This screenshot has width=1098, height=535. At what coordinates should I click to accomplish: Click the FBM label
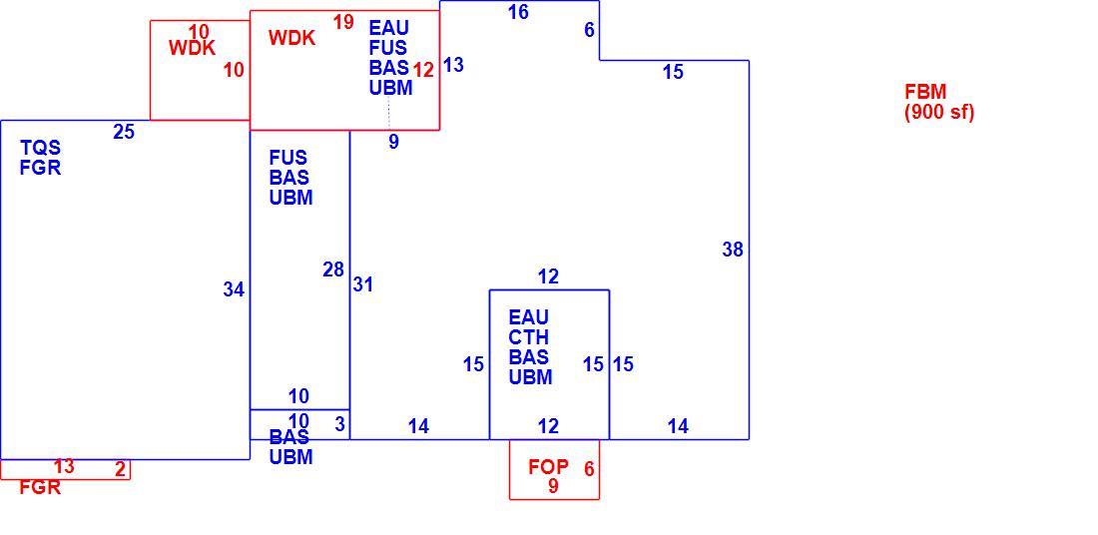[x=925, y=92]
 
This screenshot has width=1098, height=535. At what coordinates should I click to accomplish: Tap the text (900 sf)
[x=939, y=112]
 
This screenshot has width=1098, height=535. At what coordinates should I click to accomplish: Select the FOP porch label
[x=548, y=467]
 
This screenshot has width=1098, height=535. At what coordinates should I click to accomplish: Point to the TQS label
[x=41, y=148]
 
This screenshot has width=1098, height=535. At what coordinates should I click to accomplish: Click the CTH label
[x=529, y=337]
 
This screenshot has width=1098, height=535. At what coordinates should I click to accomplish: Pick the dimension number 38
[x=733, y=250]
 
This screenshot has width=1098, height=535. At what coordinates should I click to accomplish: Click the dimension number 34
[x=234, y=289]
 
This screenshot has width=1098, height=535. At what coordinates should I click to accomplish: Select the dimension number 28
[x=333, y=269]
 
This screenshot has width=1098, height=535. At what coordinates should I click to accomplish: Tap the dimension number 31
[x=362, y=285]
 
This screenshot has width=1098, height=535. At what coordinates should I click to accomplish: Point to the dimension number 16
[x=518, y=12]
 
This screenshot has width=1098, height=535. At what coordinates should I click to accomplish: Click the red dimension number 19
[x=343, y=22]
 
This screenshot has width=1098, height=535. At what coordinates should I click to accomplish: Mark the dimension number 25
[x=124, y=132]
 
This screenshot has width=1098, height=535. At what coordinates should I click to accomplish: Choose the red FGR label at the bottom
[x=40, y=487]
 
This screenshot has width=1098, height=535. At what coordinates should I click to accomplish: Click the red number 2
[x=121, y=470]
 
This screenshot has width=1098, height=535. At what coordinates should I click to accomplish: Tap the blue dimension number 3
[x=339, y=424]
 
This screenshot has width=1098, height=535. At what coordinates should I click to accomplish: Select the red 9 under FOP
[x=553, y=486]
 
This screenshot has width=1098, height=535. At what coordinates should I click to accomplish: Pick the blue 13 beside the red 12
[x=453, y=65]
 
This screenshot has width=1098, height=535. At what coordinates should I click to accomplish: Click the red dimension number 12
[x=423, y=70]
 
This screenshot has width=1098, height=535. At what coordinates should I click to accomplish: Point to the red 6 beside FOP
[x=589, y=469]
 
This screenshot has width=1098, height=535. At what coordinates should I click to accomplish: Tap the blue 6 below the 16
[x=589, y=30]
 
